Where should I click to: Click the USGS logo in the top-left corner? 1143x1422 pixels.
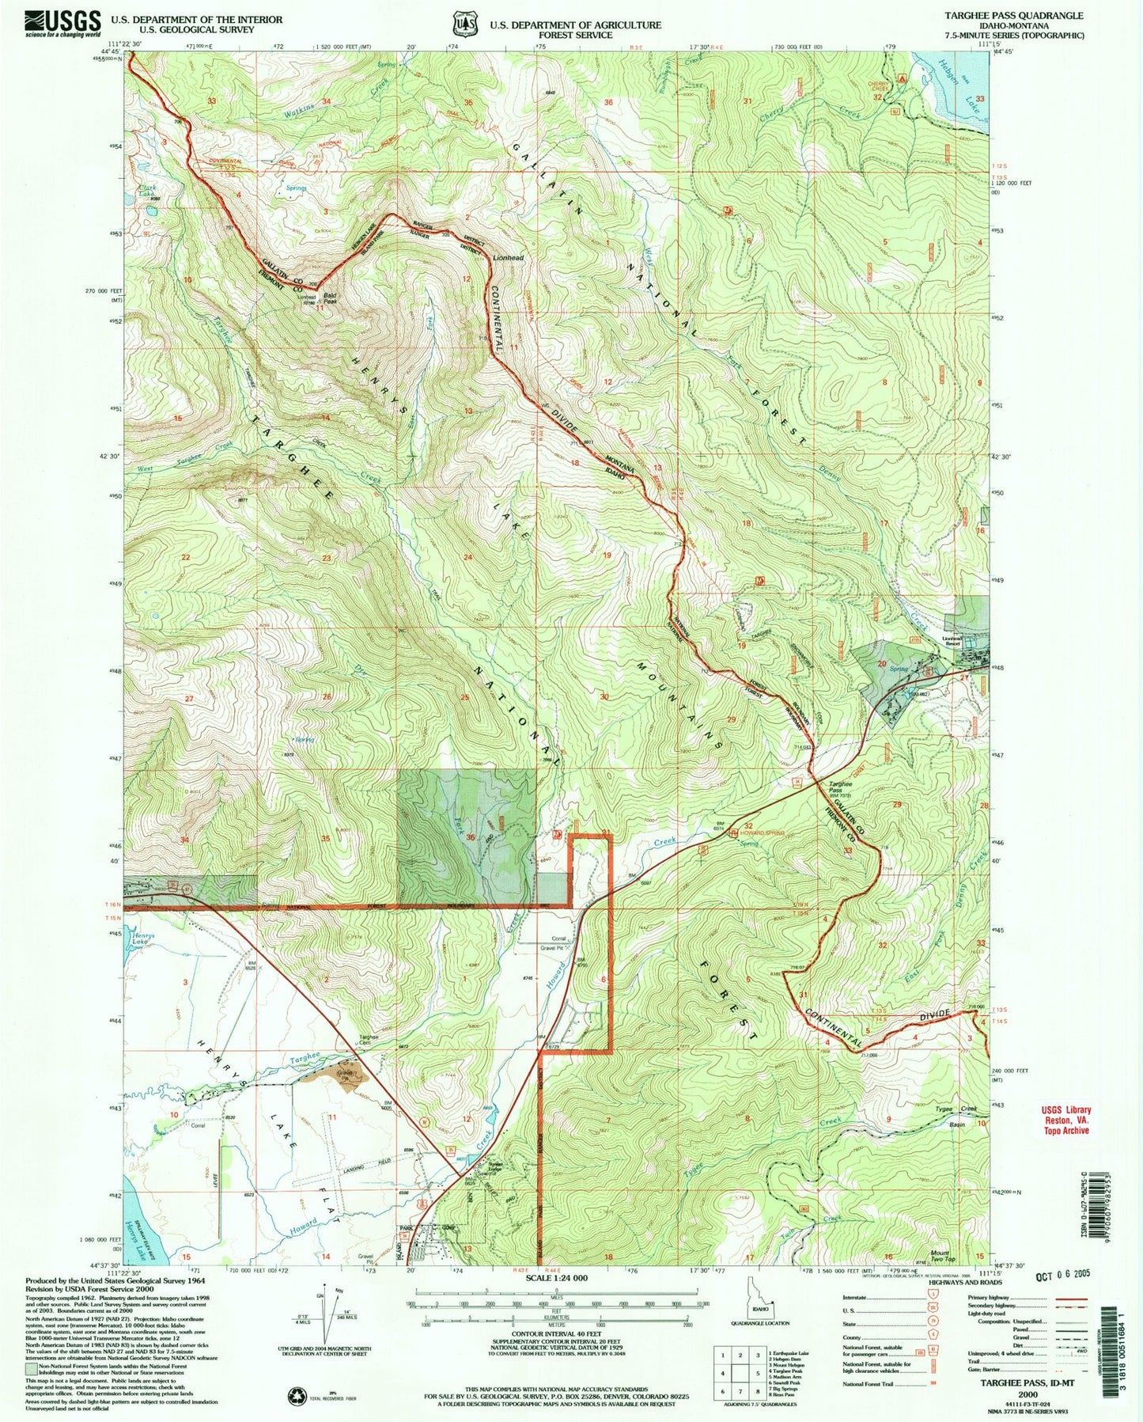pyautogui.click(x=63, y=23)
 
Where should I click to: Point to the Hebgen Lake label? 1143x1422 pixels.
pyautogui.click(x=963, y=85)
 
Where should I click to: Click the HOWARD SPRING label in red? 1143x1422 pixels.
pyautogui.click(x=763, y=832)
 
